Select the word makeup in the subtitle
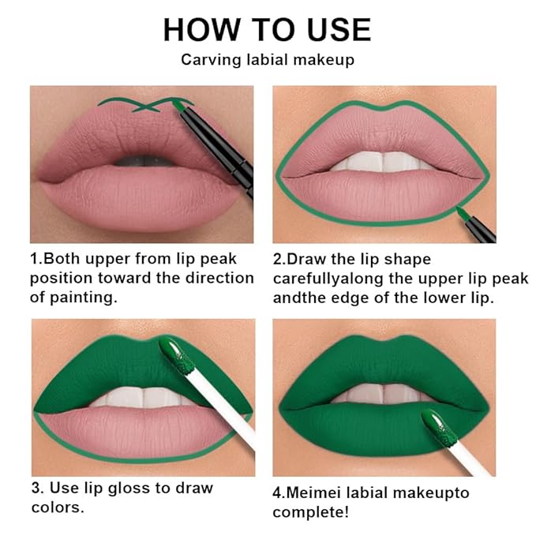pyautogui.click(x=324, y=60)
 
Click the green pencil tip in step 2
pyautogui.click(x=461, y=212)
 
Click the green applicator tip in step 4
pyautogui.click(x=435, y=423)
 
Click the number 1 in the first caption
pyautogui.click(x=35, y=259)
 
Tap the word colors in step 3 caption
pyautogui.click(x=58, y=507)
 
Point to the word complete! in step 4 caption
pyautogui.click(x=309, y=512)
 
